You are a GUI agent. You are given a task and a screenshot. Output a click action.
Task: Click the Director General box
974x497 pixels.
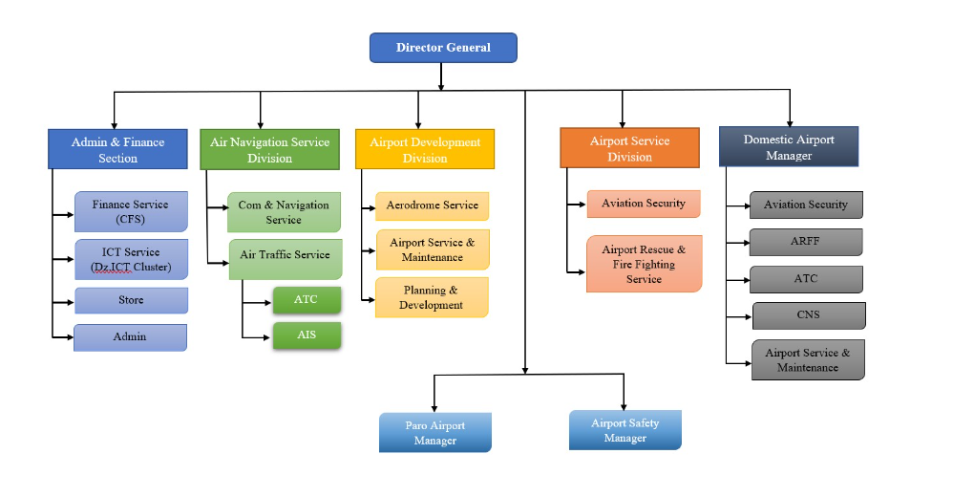443,48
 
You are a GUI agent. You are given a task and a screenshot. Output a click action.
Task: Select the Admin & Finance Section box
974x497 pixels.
117,150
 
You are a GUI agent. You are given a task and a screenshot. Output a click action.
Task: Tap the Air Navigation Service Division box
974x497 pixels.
269,150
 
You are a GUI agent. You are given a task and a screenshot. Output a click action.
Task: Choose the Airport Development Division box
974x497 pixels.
425,150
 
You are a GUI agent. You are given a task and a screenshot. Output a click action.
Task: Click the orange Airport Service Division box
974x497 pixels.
629,148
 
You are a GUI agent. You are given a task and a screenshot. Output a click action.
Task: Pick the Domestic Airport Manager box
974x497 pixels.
789,147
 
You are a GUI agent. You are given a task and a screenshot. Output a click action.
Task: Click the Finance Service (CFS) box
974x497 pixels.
131,211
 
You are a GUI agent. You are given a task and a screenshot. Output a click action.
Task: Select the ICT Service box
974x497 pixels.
131,259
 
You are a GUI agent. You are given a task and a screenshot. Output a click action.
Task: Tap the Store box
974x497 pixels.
131,300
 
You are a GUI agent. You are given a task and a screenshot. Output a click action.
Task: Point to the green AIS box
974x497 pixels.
307,335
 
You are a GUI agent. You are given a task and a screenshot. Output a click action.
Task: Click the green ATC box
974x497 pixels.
307,300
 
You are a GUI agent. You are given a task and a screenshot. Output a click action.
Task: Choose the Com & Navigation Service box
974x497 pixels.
284,212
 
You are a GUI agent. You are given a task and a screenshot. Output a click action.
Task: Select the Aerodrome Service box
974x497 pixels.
432,205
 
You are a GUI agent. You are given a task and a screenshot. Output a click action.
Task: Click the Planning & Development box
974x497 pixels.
432,297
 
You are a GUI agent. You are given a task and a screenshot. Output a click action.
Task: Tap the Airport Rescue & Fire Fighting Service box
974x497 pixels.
644,264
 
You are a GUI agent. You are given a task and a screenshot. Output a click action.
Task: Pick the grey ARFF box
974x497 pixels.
805,242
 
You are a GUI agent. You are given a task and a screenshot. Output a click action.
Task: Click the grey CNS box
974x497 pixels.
808,315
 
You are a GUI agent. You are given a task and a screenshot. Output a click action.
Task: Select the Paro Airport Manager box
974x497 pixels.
434,433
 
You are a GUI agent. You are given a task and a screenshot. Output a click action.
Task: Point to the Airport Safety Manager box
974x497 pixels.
625,430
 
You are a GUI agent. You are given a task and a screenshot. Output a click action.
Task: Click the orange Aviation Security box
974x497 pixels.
643,204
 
